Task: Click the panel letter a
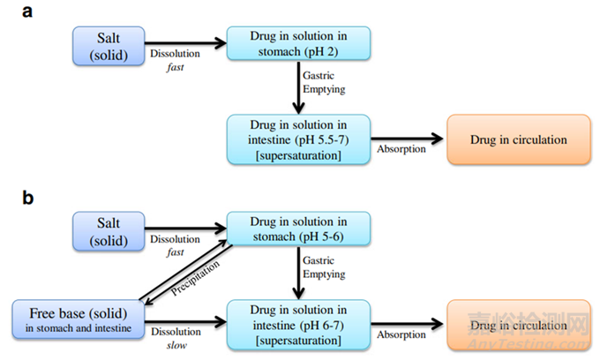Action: (27, 11)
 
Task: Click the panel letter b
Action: (28, 198)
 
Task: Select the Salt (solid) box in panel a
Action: (109, 46)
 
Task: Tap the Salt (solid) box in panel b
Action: (109, 231)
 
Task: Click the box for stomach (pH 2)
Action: (298, 43)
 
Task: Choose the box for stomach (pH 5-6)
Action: (298, 229)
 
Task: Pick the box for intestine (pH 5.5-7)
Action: (298, 139)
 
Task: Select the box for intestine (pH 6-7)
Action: (298, 325)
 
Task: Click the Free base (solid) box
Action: (79, 319)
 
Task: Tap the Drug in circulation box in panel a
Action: (519, 139)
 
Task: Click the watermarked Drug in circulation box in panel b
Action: (519, 325)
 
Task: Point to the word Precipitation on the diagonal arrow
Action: (195, 278)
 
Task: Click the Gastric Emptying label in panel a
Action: (324, 82)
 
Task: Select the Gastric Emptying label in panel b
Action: (324, 267)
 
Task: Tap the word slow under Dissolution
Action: (176, 345)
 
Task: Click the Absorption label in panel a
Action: (401, 149)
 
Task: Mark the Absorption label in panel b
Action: (401, 334)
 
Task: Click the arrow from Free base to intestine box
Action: (185, 321)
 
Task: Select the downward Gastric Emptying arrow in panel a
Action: (298, 87)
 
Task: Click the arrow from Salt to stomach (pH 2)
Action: (185, 43)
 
